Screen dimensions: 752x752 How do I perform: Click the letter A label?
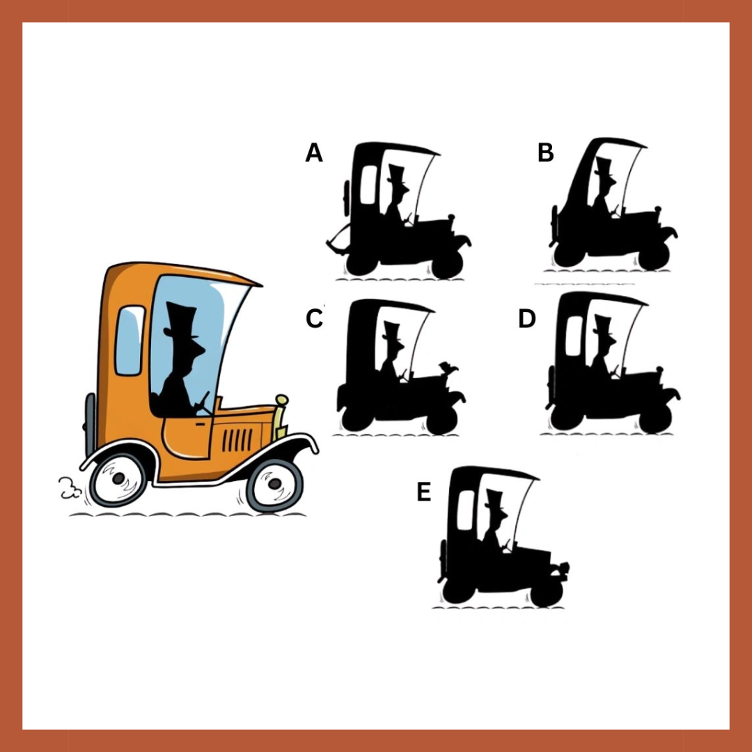[314, 152]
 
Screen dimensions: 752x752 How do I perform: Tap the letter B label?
[546, 152]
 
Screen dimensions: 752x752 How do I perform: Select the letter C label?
[315, 318]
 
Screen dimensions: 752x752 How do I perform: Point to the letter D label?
[527, 318]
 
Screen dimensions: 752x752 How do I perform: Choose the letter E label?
[423, 492]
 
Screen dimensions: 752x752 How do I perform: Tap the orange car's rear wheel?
[118, 478]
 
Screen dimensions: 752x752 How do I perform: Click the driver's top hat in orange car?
[181, 320]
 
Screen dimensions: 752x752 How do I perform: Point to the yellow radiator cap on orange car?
[281, 400]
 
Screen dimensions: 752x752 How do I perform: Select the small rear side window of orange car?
[130, 340]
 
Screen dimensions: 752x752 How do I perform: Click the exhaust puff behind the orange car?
[70, 487]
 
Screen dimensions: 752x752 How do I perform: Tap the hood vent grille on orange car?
[237, 440]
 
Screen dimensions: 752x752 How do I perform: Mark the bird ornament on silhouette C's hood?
[448, 368]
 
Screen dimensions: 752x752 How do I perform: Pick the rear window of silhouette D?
[574, 336]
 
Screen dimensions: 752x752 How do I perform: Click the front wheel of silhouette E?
[547, 593]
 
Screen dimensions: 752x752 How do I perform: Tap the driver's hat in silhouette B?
[604, 167]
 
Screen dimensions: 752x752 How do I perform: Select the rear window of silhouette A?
[369, 185]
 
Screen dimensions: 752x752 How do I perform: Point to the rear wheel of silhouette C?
[354, 417]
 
